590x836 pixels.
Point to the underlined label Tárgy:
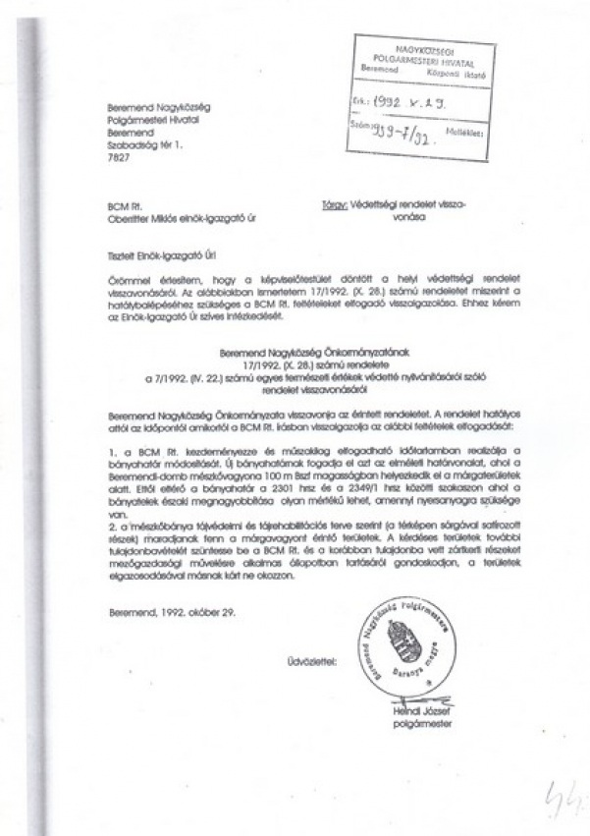(333, 206)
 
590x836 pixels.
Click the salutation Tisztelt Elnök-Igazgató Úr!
(162, 252)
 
